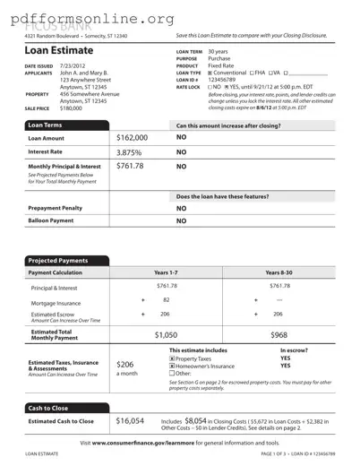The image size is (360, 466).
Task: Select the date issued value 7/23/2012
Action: (x=73, y=66)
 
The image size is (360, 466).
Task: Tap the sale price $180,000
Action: (x=76, y=107)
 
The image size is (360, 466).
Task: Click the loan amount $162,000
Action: (x=133, y=139)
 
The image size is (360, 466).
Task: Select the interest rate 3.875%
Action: (x=130, y=152)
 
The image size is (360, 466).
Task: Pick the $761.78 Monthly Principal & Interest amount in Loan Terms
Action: (x=130, y=166)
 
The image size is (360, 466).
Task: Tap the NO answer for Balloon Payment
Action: (x=181, y=220)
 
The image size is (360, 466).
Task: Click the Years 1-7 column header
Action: (x=167, y=272)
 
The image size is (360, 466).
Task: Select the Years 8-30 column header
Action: (x=280, y=272)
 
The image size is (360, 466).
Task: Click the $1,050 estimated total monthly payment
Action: (x=167, y=333)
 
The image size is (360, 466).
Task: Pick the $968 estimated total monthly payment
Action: (x=280, y=333)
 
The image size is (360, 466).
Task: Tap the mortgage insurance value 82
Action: (x=167, y=300)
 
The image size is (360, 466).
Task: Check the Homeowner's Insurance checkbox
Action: (x=172, y=367)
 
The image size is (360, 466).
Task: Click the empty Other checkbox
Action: (x=172, y=374)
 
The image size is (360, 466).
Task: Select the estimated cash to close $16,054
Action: (x=131, y=419)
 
